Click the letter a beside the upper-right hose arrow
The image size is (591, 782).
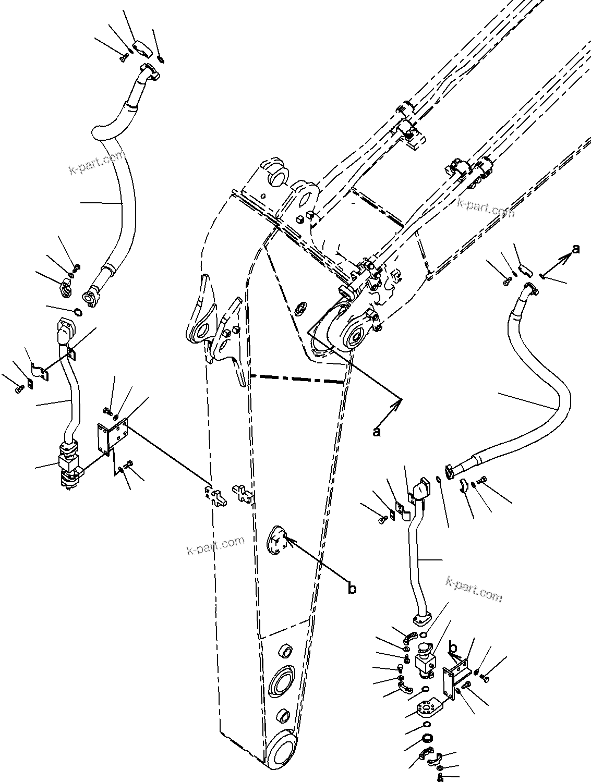575,250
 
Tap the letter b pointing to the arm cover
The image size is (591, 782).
353,589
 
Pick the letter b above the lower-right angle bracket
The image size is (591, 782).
454,647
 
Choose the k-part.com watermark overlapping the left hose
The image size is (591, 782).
97,163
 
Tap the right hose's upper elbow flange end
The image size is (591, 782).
529,288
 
